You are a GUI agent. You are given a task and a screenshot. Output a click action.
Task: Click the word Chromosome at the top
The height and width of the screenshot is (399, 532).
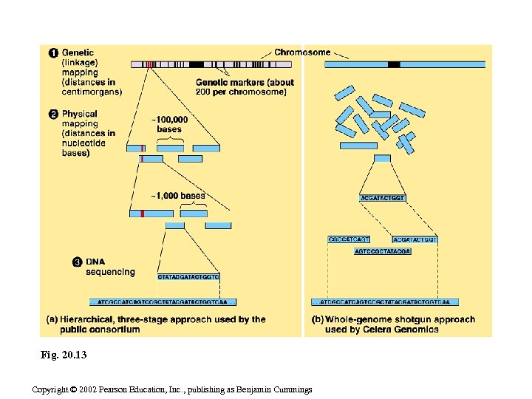click(x=302, y=52)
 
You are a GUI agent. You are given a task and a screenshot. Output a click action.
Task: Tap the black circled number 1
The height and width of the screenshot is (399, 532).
click(x=53, y=52)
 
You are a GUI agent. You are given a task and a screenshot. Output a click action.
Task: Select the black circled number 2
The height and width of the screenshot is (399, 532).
click(x=53, y=115)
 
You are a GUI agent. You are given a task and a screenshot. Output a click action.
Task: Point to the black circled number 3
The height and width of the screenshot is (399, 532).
click(x=77, y=262)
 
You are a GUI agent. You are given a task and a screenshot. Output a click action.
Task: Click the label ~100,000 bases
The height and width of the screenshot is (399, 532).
click(x=169, y=124)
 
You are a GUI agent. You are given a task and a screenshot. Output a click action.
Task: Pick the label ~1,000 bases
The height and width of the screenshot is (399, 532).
click(x=178, y=197)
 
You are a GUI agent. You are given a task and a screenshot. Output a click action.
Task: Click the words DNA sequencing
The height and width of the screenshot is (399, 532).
click(x=110, y=267)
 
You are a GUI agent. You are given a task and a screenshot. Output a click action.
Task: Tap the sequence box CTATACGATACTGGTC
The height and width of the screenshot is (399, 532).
click(x=188, y=277)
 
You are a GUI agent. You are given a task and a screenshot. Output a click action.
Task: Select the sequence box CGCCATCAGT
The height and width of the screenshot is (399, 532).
click(x=348, y=239)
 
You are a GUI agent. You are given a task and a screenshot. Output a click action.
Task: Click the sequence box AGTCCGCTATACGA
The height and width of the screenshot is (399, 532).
click(x=382, y=251)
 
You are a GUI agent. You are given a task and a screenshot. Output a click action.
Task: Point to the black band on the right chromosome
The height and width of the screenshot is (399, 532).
click(x=394, y=65)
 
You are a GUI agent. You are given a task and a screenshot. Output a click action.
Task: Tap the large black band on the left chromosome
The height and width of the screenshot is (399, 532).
click(x=197, y=65)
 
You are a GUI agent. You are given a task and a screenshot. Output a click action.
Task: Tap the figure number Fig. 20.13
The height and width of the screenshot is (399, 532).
click(x=64, y=355)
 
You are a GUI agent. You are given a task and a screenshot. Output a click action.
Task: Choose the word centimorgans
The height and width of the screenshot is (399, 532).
click(x=92, y=92)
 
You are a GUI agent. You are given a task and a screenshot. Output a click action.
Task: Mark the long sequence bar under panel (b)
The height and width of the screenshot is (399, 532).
click(x=385, y=302)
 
